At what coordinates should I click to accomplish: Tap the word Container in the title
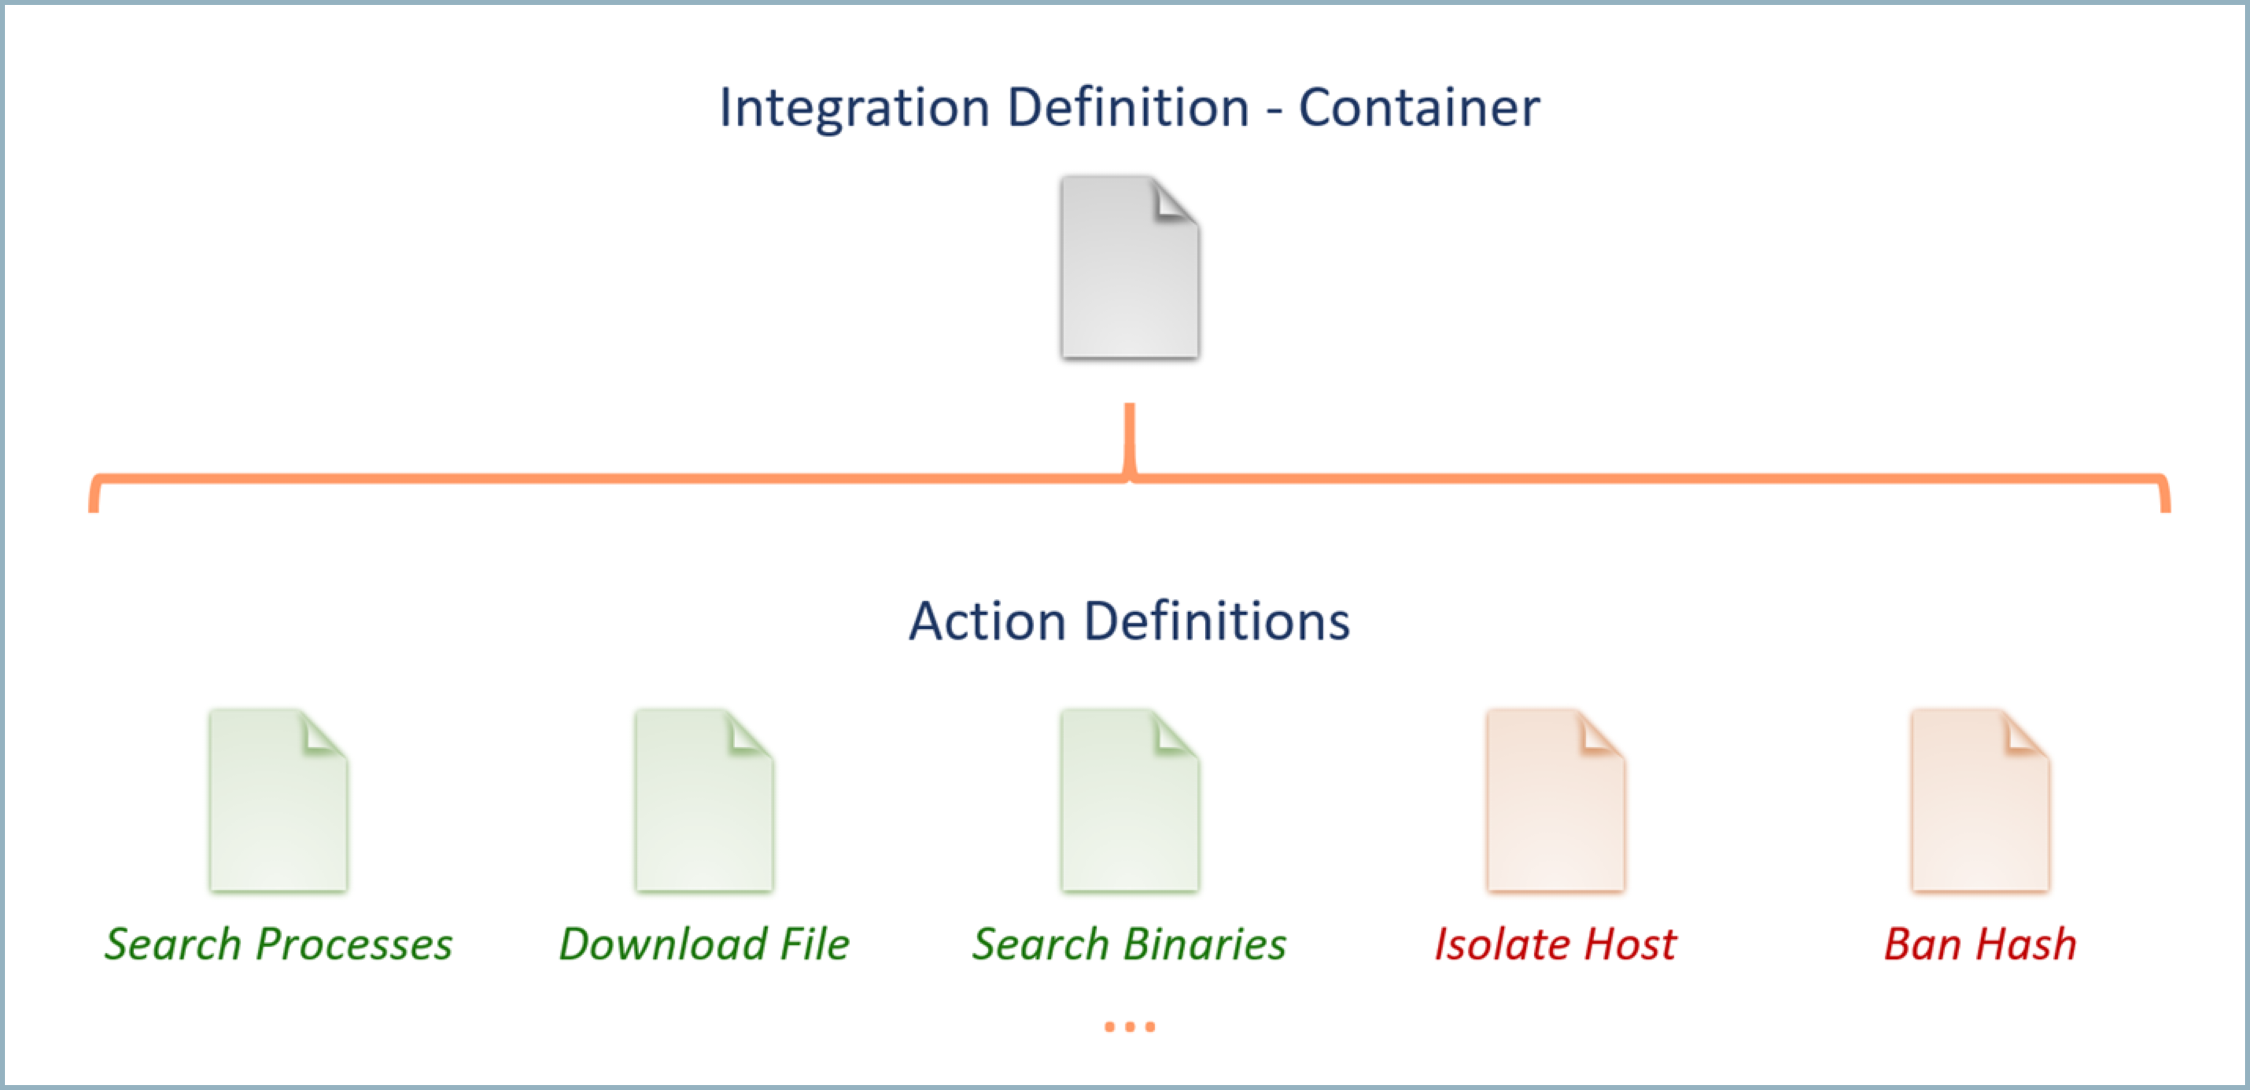pyautogui.click(x=1419, y=109)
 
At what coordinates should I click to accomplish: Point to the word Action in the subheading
pyautogui.click(x=987, y=622)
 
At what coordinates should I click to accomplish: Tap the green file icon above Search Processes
pyautogui.click(x=278, y=802)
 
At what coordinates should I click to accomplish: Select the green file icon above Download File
pyautogui.click(x=704, y=802)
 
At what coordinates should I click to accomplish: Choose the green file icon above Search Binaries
pyautogui.click(x=1129, y=802)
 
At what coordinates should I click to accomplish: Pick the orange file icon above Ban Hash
pyautogui.click(x=1980, y=802)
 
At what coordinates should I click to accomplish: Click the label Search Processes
pyautogui.click(x=278, y=944)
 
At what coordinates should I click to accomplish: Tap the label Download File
pyautogui.click(x=704, y=944)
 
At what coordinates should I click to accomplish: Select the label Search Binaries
pyautogui.click(x=1129, y=944)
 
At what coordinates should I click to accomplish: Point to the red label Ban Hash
pyautogui.click(x=1980, y=944)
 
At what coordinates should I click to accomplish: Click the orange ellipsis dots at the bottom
pyautogui.click(x=1129, y=1027)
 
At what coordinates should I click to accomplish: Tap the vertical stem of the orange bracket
pyautogui.click(x=1129, y=437)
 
